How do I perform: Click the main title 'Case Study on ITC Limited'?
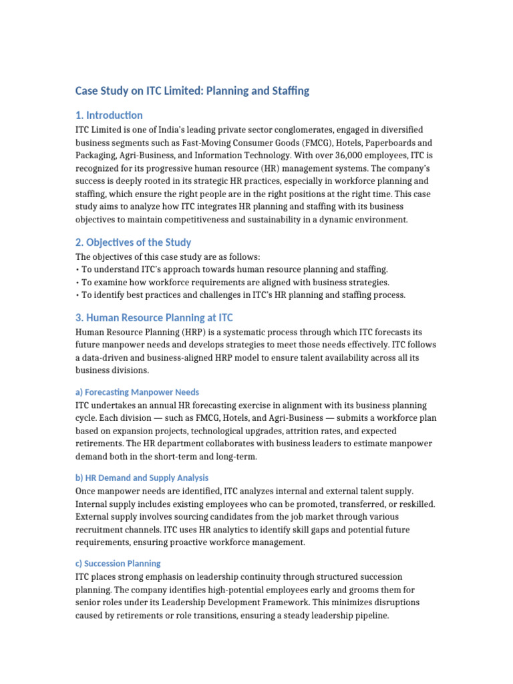pos(192,90)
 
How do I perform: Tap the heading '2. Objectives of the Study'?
pos(133,242)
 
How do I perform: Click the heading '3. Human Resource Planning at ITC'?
pos(154,317)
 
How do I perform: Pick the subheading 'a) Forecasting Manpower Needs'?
pos(137,392)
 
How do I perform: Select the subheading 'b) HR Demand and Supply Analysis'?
pos(142,478)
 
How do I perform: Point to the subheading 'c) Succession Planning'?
pos(118,563)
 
